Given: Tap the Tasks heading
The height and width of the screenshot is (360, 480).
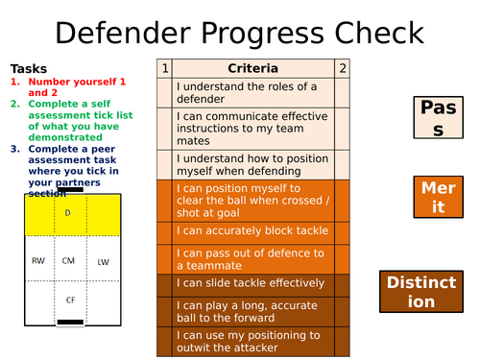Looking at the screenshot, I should (x=28, y=69).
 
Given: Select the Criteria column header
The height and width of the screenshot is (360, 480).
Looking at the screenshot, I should (x=253, y=68).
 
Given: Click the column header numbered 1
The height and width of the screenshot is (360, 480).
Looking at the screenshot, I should (x=165, y=68).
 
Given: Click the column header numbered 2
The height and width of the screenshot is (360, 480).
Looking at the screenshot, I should (x=343, y=68).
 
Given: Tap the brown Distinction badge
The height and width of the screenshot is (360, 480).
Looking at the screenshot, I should (x=423, y=291).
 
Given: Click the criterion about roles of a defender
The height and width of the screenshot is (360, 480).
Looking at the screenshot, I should (x=253, y=93).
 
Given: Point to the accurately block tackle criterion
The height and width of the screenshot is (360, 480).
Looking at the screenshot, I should (x=253, y=231).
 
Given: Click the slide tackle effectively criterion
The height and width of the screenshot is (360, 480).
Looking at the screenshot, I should (x=253, y=284).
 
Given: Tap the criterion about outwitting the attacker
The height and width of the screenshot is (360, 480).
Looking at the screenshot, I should (x=253, y=343).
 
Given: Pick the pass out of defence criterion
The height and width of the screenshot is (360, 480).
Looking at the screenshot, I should (x=253, y=258).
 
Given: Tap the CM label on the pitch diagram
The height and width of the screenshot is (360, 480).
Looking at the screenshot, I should (x=68, y=260).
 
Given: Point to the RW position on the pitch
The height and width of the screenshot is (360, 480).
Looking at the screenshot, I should (x=36, y=260).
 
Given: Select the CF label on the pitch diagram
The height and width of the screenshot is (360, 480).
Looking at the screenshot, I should (x=69, y=300).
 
